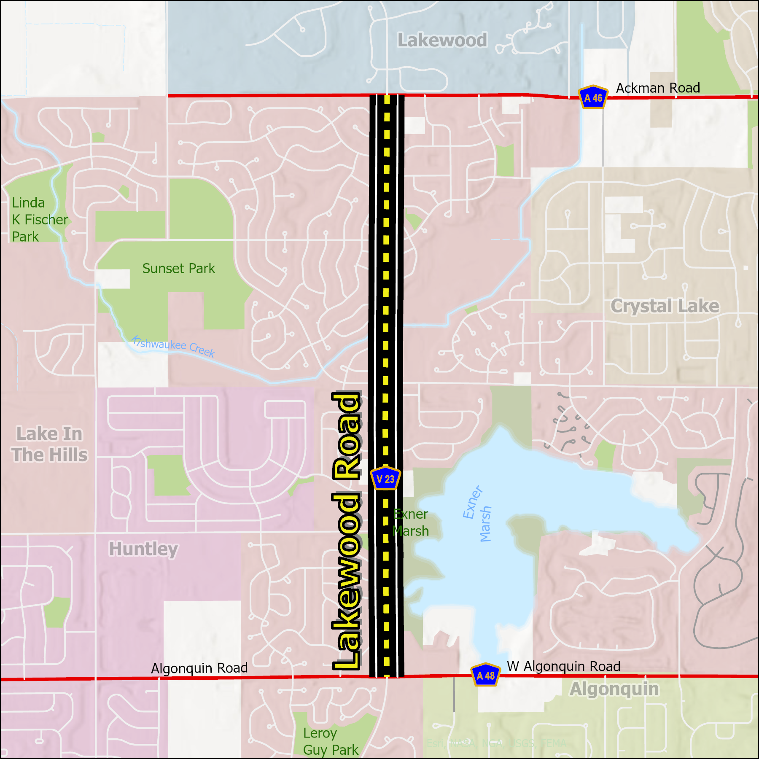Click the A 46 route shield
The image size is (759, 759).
593,97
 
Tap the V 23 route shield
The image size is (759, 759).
385,479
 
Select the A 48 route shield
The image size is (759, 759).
485,676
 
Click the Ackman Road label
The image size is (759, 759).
658,88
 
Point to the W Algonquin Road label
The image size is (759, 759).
563,666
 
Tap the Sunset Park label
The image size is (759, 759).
178,268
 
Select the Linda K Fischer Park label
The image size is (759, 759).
39,219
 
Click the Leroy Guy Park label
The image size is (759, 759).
330,741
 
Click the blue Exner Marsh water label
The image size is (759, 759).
477,514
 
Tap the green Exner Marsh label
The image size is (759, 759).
410,522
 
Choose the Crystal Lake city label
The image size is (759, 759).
665,306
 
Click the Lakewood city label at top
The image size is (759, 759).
442,40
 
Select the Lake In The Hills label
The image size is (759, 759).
49,444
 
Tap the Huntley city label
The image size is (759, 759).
143,549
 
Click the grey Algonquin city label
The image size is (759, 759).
614,689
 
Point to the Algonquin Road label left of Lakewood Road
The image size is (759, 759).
199,668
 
